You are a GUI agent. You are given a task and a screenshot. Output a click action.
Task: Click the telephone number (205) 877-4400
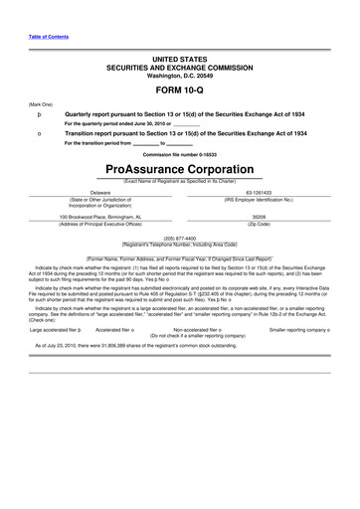(179, 238)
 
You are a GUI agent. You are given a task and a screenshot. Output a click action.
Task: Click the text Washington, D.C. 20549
(179, 75)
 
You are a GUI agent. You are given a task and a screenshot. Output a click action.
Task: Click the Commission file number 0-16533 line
(179, 155)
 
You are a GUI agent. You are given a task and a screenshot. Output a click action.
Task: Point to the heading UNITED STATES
(179, 59)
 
